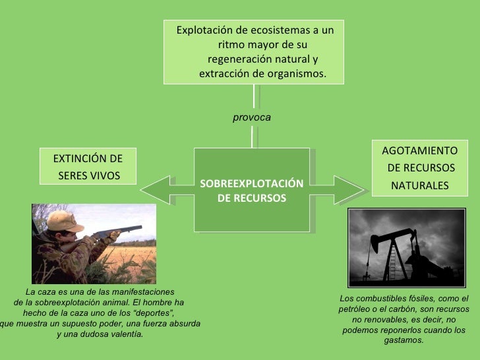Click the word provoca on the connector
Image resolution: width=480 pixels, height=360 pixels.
251,117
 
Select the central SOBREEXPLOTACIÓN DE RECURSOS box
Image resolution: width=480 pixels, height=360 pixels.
251,190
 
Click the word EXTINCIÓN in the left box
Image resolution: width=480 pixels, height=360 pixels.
78,159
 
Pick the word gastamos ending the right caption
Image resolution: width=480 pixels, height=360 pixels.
403,340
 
